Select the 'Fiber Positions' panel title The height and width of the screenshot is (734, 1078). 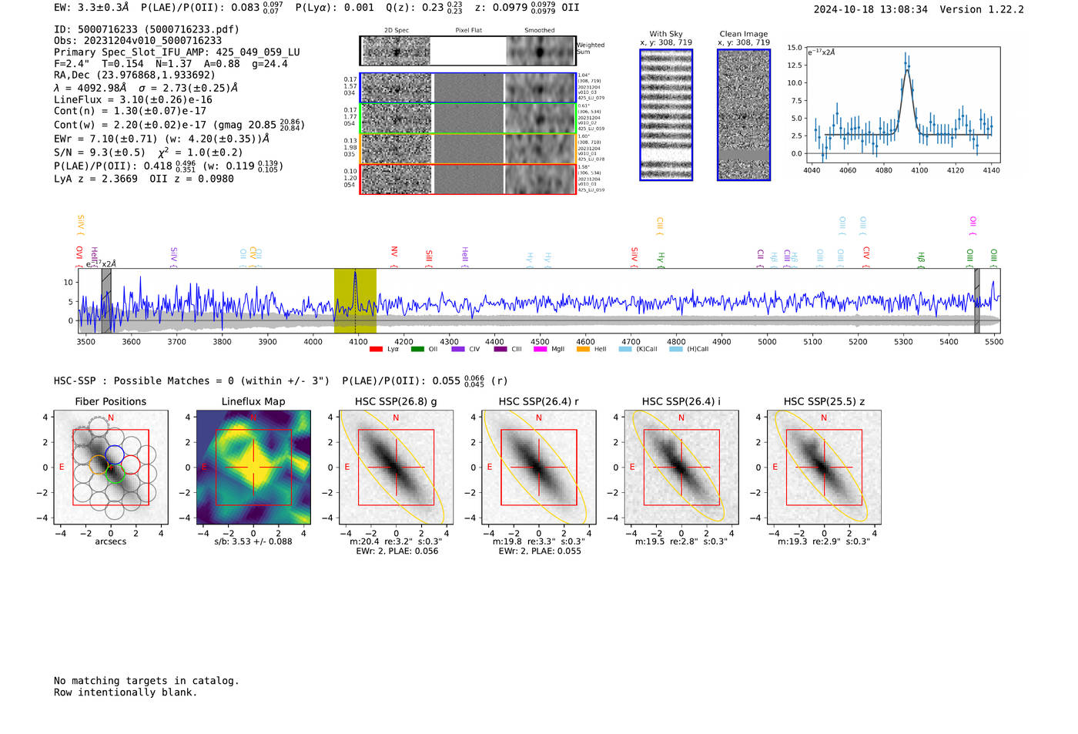tap(110, 401)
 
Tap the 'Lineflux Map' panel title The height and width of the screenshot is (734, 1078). tap(253, 401)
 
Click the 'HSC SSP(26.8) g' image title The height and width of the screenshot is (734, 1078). tap(396, 401)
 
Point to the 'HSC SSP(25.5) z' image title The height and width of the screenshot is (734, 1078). tap(824, 401)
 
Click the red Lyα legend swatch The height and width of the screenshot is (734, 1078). tap(376, 349)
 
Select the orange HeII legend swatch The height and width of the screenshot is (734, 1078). tap(583, 349)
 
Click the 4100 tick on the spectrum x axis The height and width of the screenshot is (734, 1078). tap(358, 341)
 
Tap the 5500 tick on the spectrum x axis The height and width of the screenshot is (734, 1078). tap(994, 341)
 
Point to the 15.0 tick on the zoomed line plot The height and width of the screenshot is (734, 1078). tap(795, 48)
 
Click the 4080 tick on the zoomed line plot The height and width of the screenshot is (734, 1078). tap(883, 170)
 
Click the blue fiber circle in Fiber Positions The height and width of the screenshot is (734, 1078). tap(115, 454)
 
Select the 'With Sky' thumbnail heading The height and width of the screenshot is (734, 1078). tap(666, 34)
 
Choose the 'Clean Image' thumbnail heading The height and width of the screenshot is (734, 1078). tap(744, 34)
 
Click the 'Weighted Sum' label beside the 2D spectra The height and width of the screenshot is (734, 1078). tap(591, 49)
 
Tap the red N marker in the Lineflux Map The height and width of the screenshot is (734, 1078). tap(253, 418)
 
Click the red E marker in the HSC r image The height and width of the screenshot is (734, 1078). tap(489, 468)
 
